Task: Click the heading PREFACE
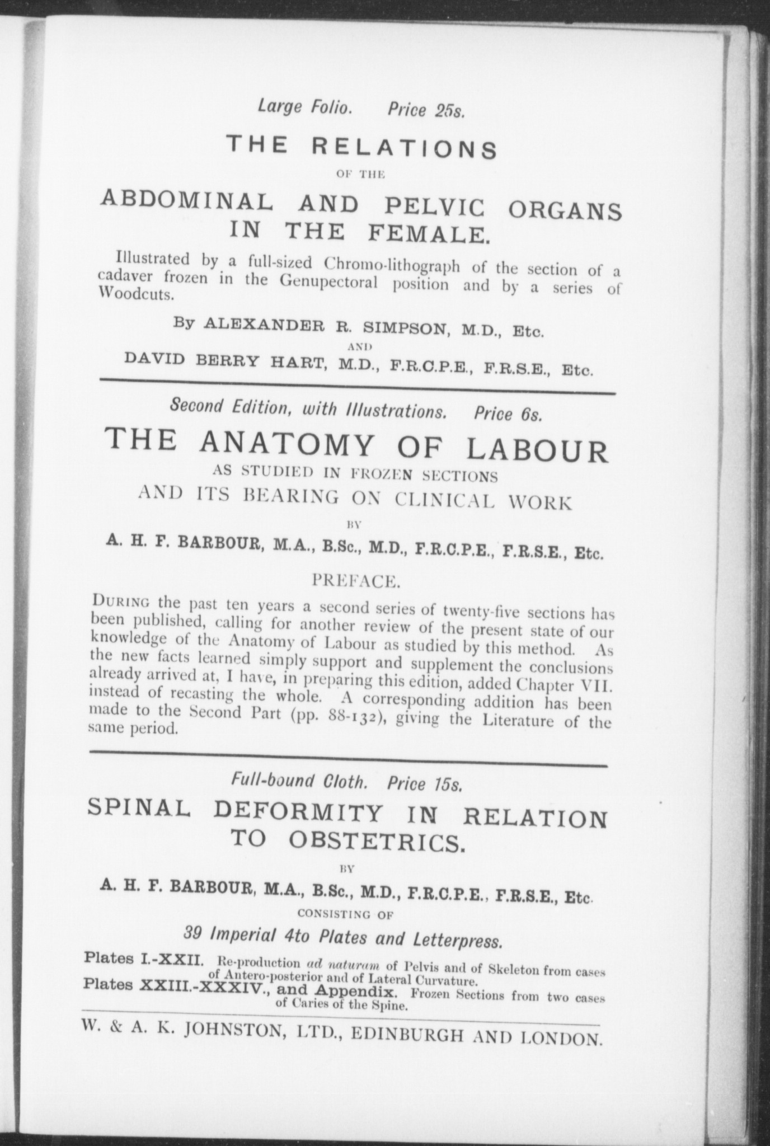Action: (355, 581)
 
